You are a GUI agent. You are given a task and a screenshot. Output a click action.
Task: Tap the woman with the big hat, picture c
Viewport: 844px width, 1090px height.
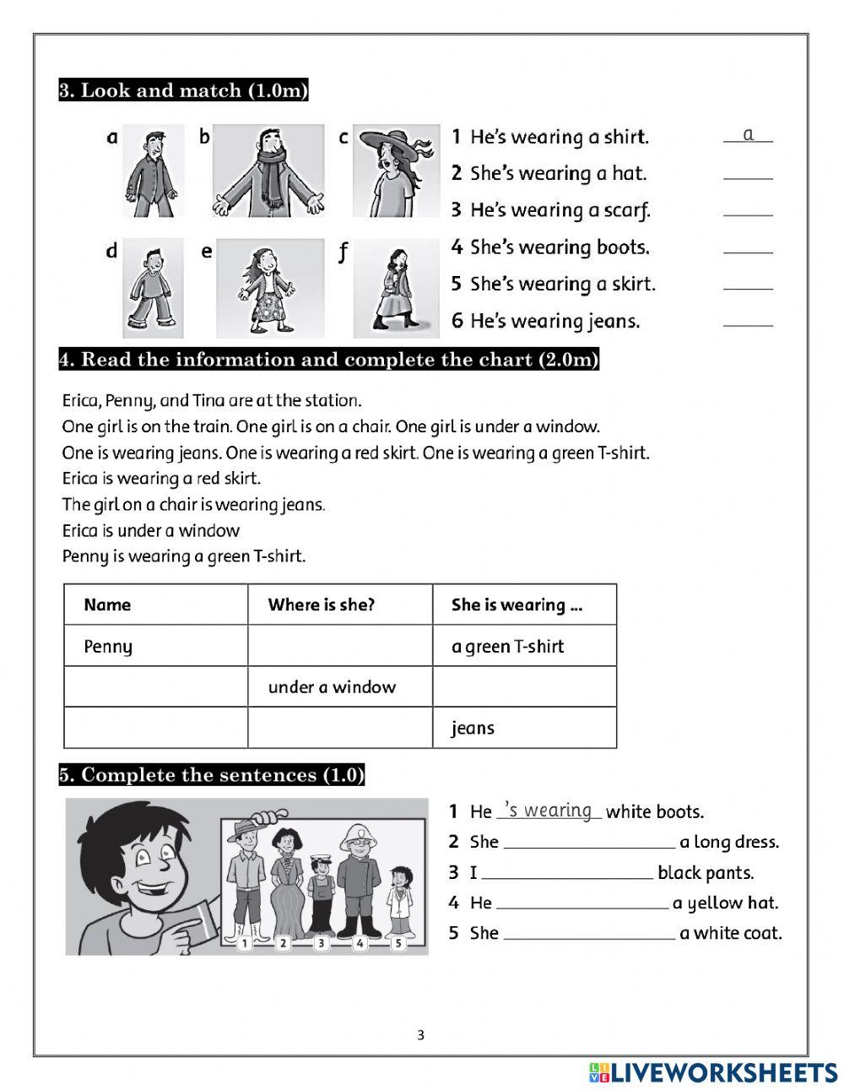point(396,171)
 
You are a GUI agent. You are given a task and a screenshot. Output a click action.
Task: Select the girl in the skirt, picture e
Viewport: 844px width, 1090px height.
point(270,287)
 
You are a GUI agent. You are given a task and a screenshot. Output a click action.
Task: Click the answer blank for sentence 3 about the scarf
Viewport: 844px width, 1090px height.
point(748,211)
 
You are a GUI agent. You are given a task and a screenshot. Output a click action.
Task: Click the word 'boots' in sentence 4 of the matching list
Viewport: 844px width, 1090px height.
point(623,247)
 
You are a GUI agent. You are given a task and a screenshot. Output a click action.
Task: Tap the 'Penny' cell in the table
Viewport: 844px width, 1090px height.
point(108,647)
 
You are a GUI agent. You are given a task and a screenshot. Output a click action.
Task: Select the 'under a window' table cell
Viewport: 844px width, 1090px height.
point(332,687)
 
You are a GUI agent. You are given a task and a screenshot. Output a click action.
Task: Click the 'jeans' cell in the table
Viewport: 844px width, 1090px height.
point(473,728)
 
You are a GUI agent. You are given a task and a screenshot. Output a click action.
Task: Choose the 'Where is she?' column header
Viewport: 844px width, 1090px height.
point(322,605)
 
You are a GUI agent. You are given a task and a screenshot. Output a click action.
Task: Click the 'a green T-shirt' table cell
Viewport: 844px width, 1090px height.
point(507,647)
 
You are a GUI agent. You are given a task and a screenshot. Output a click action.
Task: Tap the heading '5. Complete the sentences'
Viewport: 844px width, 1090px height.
point(211,775)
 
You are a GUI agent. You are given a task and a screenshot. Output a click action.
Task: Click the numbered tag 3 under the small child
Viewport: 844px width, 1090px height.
point(321,943)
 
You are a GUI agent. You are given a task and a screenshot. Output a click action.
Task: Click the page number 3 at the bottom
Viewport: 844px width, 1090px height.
point(421,1035)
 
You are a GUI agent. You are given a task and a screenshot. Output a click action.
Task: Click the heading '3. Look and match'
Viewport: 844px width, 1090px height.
point(183,90)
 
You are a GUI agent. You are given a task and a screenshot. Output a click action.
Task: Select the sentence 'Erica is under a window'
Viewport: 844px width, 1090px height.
point(151,530)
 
